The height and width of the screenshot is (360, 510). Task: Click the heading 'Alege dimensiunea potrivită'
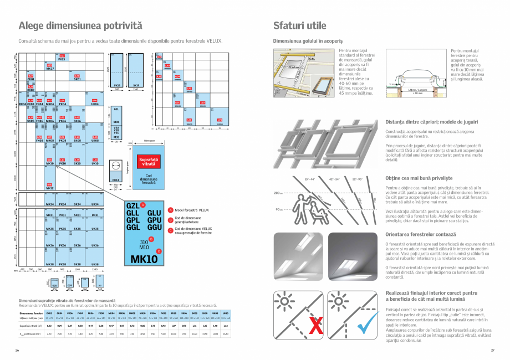point(80,25)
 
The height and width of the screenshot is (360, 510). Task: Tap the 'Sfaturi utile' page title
point(299,25)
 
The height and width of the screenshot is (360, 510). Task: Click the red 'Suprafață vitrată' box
point(148,163)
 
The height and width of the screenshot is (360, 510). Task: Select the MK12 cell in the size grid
point(49,187)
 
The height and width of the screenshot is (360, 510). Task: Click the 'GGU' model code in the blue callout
point(155,227)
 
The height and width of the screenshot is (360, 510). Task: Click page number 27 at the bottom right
point(492,350)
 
